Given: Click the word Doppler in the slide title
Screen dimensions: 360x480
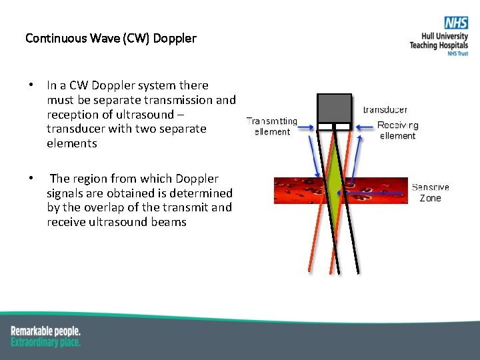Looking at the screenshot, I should point(175,38).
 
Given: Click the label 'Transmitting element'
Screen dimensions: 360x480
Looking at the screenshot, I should point(272,127).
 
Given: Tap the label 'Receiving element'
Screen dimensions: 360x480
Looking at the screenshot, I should point(398,130).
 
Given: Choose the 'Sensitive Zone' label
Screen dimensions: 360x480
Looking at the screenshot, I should point(431,193).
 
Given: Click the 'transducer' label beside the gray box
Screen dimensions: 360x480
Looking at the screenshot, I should point(385,109).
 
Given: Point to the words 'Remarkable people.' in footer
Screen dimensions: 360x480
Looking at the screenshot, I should point(45,331).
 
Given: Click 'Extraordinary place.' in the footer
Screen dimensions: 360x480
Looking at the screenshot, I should point(45,342).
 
